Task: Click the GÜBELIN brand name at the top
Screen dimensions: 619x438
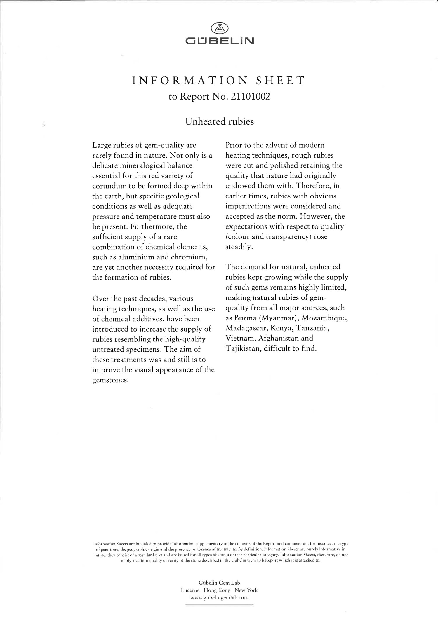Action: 220,41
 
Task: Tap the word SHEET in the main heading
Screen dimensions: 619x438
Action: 280,80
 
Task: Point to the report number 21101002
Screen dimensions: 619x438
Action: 251,97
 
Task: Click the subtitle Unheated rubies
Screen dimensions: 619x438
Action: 220,121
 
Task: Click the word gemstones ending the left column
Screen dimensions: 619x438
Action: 110,380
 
